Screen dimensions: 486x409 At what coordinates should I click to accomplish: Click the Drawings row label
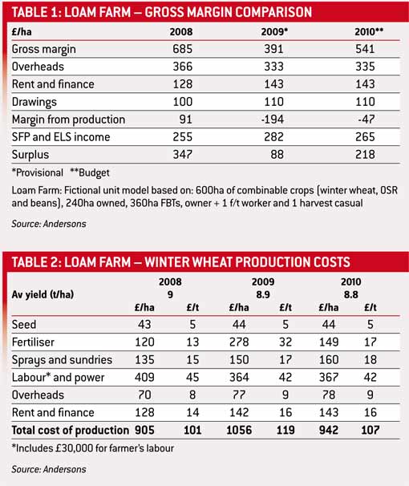coord(36,102)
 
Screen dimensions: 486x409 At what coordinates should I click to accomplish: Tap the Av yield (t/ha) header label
coord(47,294)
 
